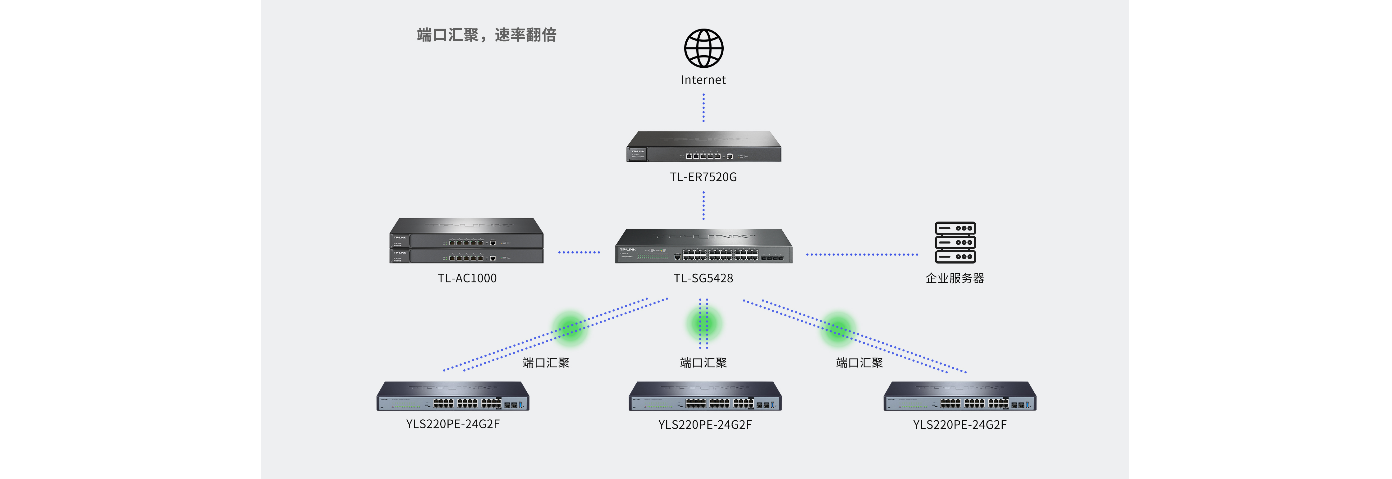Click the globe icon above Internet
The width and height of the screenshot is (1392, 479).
point(703,48)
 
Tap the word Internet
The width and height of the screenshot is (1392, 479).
point(703,80)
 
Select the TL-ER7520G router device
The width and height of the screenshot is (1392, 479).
point(703,147)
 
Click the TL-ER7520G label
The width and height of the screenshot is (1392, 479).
point(703,177)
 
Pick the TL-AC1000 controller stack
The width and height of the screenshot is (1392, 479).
point(466,241)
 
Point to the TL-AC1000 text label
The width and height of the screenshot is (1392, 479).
point(467,278)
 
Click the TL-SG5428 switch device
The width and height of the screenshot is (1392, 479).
point(703,246)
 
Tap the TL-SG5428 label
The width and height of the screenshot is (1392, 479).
point(703,278)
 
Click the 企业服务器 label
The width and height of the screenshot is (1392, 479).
point(955,278)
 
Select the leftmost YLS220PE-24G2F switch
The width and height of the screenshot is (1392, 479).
point(453,396)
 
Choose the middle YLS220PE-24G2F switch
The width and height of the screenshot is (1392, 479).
point(705,396)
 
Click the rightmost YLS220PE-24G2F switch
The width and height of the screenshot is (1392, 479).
point(960,396)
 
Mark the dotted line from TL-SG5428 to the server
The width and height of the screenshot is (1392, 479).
point(862,254)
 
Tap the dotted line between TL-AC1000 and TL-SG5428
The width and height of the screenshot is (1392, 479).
point(579,252)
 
